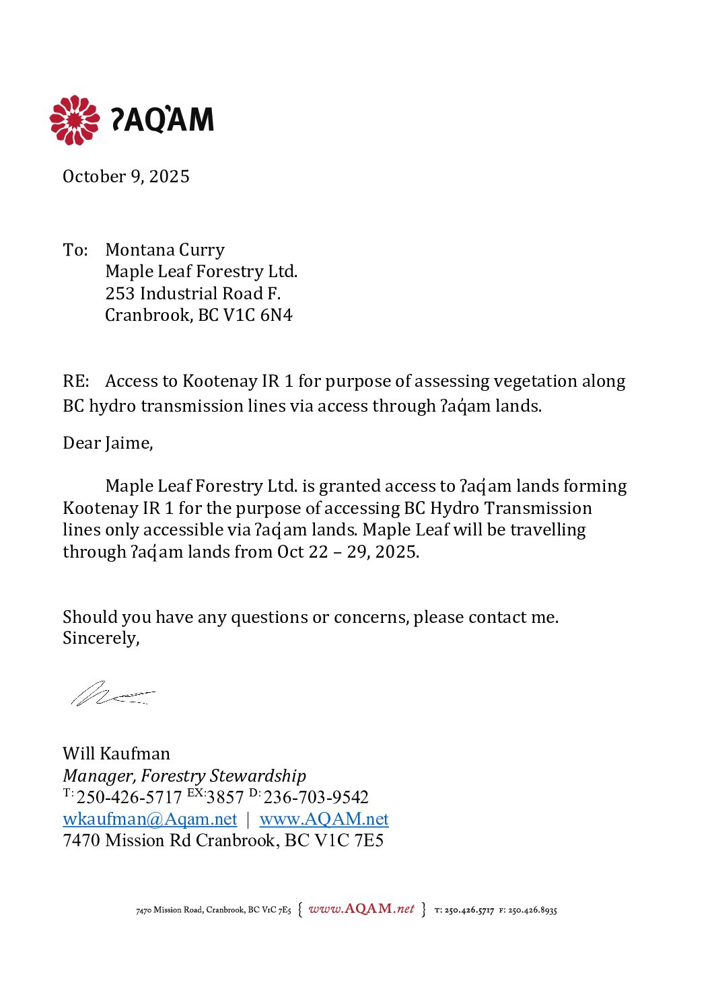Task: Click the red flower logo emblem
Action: click(74, 120)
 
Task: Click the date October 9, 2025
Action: click(126, 176)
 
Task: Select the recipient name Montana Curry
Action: click(165, 250)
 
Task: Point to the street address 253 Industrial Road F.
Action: click(192, 293)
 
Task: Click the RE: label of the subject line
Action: click(76, 381)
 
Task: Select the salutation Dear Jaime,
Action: click(108, 443)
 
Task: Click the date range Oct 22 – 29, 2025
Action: click(348, 552)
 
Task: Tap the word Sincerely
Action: click(100, 638)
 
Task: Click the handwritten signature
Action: click(111, 693)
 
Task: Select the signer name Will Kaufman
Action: click(116, 753)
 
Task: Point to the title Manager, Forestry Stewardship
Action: click(184, 776)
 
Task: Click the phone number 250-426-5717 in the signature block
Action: click(129, 798)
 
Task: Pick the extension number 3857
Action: click(225, 798)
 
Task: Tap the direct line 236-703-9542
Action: click(316, 798)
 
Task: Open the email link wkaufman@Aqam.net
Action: click(149, 819)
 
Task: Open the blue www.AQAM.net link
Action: click(324, 819)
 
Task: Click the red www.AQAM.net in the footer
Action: click(361, 909)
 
